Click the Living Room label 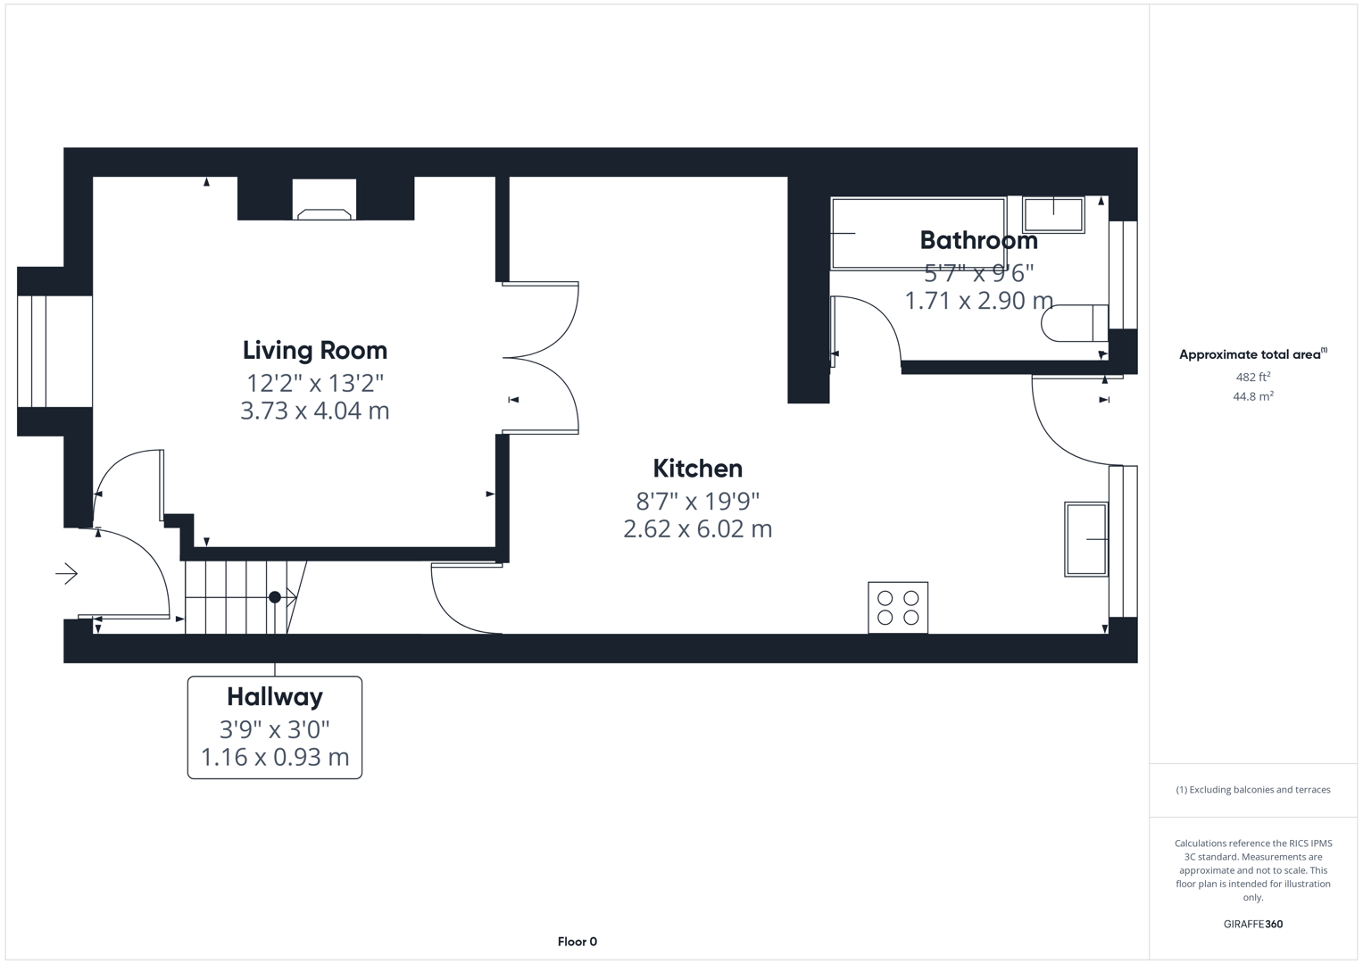click(x=314, y=350)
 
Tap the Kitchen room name click(x=697, y=469)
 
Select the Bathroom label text click(x=978, y=240)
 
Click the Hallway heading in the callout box click(x=274, y=696)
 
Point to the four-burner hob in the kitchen click(x=898, y=608)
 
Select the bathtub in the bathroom click(x=918, y=233)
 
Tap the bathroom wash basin click(x=1053, y=214)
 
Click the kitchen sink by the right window click(x=1085, y=539)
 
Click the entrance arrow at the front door click(x=67, y=573)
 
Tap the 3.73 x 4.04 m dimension click(x=314, y=411)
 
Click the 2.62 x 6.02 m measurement click(x=697, y=528)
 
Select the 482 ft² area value click(x=1252, y=377)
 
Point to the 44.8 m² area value click(x=1252, y=396)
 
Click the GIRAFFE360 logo click(x=1252, y=924)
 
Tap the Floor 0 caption click(x=577, y=942)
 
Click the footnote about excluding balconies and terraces click(x=1252, y=790)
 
